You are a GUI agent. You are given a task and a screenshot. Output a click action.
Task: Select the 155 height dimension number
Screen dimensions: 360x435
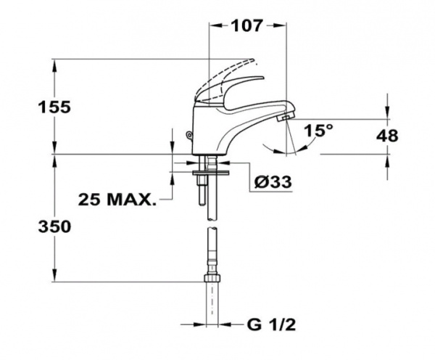point(54,107)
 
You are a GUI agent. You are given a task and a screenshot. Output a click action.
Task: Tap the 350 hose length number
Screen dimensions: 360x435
point(54,226)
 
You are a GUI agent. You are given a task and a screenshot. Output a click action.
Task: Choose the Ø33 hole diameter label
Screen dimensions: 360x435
point(275,183)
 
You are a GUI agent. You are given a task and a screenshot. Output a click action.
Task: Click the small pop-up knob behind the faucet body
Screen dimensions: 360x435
point(189,134)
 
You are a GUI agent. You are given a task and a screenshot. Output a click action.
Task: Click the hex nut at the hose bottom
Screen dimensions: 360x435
point(212,279)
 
